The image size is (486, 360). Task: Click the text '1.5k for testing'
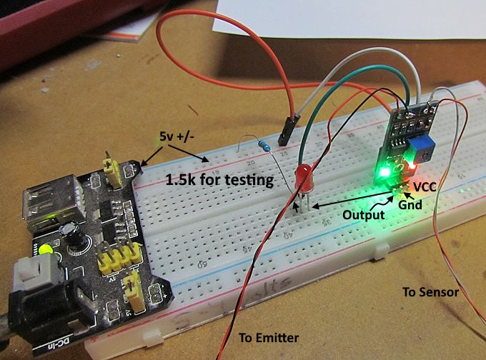tap(219, 180)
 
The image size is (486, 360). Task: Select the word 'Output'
tap(363, 214)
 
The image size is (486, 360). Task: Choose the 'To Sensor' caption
tap(430, 292)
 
